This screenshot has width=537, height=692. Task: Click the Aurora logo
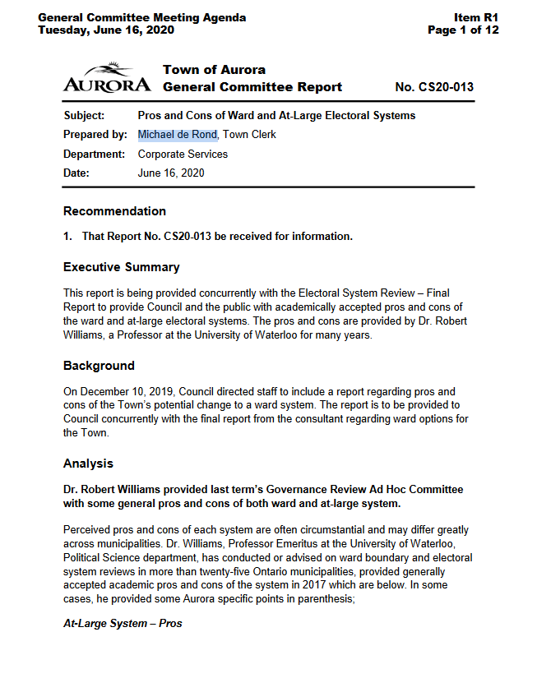click(x=106, y=77)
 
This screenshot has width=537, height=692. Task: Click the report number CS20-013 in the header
click(x=434, y=87)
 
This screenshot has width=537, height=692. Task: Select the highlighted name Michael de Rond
click(x=177, y=135)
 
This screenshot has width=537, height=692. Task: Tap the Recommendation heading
click(x=114, y=211)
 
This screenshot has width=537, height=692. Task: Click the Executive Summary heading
click(x=121, y=267)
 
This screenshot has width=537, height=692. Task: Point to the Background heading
click(x=99, y=366)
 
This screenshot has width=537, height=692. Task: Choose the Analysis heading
click(x=88, y=464)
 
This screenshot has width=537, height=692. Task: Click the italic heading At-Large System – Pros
click(x=123, y=624)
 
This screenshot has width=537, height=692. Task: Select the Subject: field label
click(x=84, y=115)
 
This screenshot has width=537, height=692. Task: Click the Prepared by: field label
click(x=95, y=135)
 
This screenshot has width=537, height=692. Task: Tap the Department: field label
click(x=94, y=154)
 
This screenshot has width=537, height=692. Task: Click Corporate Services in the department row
click(x=183, y=154)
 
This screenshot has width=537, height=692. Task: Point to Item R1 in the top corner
click(x=476, y=17)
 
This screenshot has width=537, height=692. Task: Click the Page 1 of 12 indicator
click(x=463, y=30)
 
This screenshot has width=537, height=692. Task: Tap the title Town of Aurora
click(x=214, y=70)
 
